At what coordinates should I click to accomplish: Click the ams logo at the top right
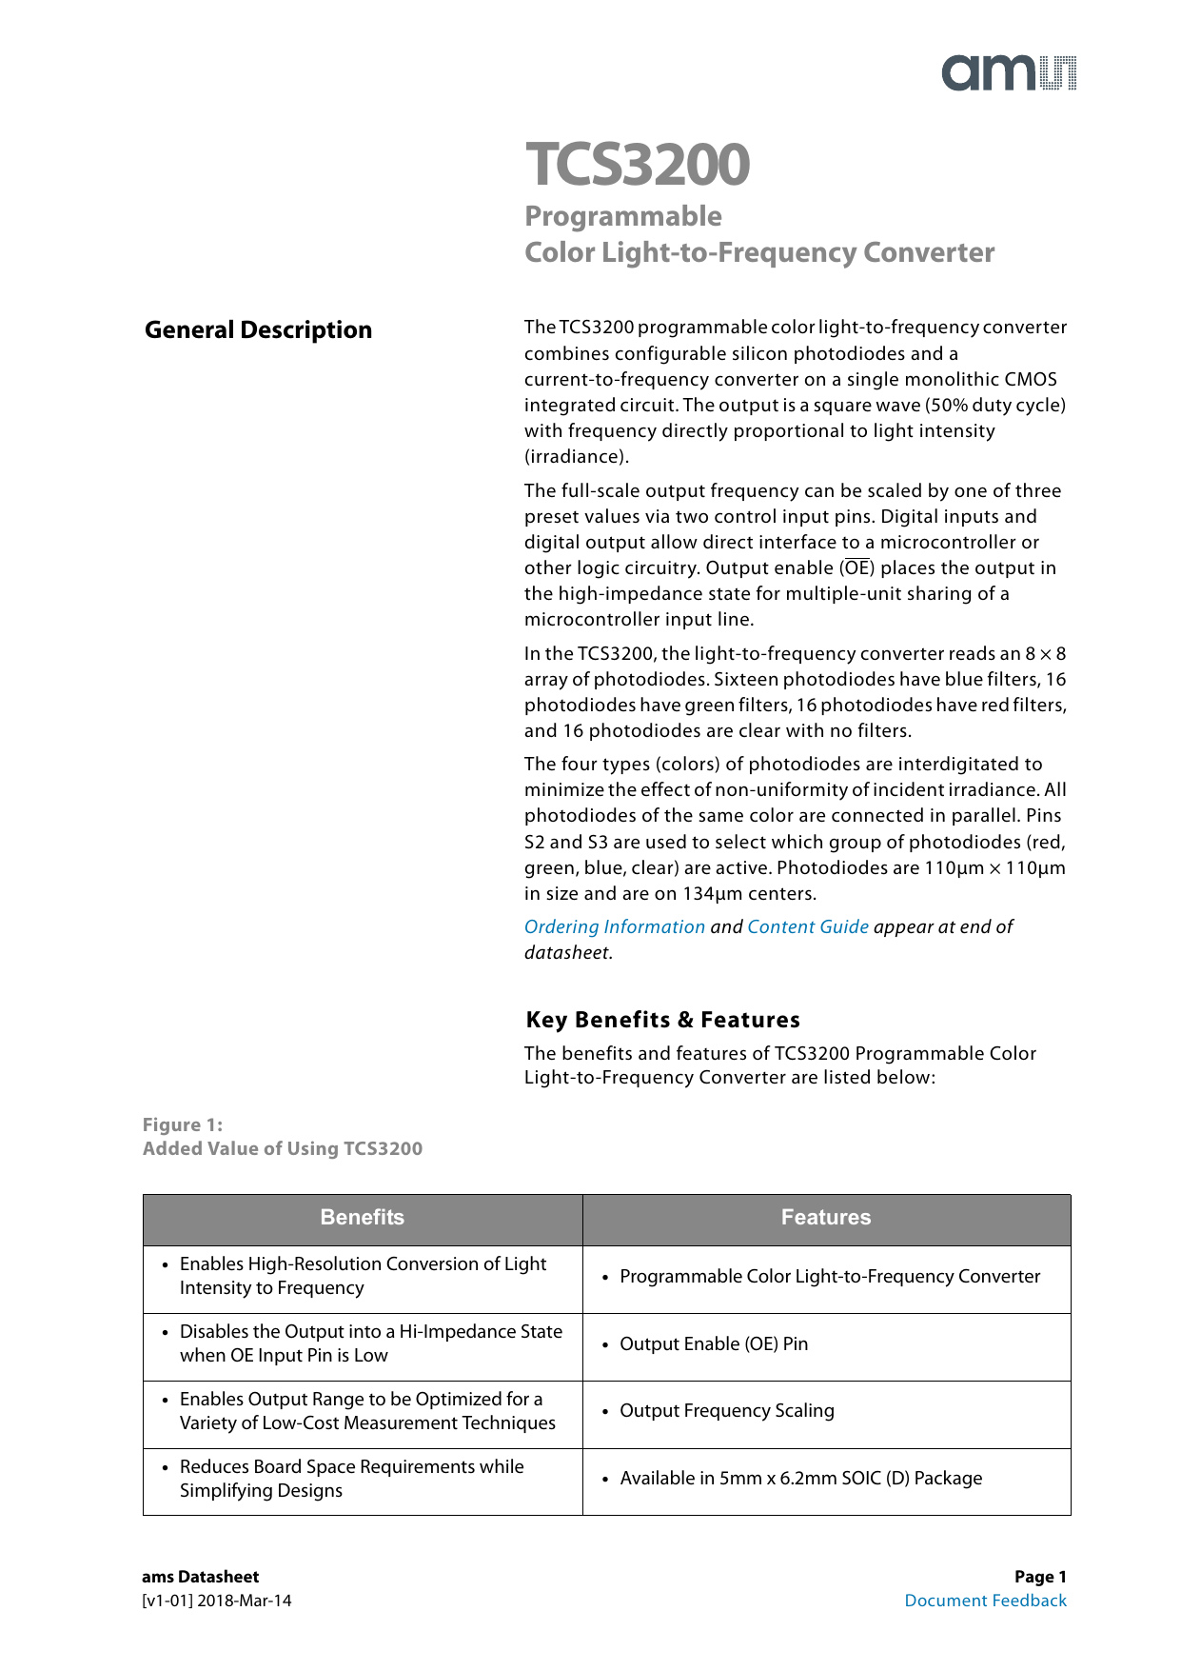pos(1009,73)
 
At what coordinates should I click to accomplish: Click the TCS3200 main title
pos(638,164)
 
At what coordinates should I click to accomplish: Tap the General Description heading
pos(258,330)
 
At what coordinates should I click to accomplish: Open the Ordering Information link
pos(614,927)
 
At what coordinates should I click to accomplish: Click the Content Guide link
pos(807,927)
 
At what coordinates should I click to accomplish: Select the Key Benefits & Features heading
pos(662,1020)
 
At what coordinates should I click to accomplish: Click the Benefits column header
pos(362,1218)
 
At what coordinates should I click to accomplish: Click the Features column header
pos(825,1218)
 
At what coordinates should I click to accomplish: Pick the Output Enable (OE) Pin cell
pos(714,1344)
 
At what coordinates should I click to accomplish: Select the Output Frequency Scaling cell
pos(727,1411)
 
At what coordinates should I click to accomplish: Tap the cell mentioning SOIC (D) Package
pos(800,1479)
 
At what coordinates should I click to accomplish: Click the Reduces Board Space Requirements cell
pos(351,1479)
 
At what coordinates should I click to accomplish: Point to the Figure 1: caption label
pos(183,1125)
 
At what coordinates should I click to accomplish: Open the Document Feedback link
pos(985,1601)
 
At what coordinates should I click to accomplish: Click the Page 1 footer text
pos(1040,1577)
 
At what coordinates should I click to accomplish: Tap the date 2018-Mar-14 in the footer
pos(245,1601)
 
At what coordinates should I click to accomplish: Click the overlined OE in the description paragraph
pos(857,568)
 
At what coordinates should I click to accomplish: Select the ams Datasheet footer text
pos(200,1577)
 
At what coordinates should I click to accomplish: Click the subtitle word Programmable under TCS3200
pos(623,216)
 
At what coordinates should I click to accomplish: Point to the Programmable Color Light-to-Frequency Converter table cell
pos(830,1277)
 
